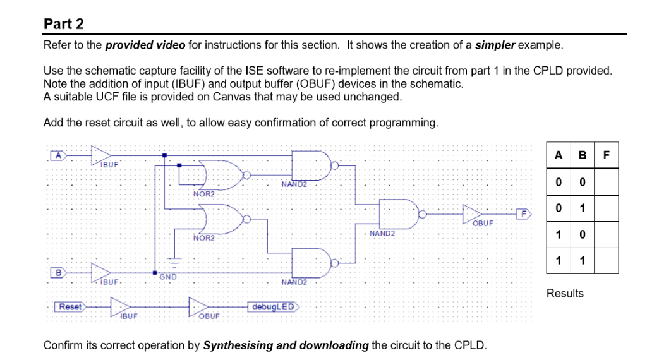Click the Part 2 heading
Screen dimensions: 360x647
pos(64,24)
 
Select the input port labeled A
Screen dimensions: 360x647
pos(58,154)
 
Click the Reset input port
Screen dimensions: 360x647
pos(70,306)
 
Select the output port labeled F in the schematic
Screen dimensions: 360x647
pos(524,213)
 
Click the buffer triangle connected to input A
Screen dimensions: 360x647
pos(101,154)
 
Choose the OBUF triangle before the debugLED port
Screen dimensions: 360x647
pos(200,307)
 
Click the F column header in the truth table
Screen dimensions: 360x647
pos(607,155)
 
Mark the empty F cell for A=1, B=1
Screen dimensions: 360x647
pos(607,261)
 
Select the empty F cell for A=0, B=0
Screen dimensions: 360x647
pos(607,182)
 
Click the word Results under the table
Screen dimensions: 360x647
pos(565,293)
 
